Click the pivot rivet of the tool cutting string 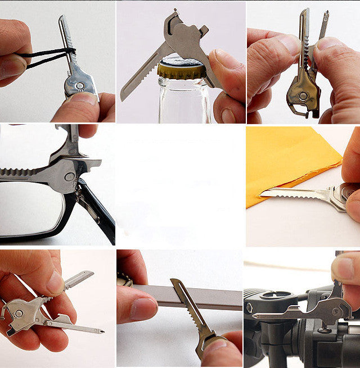point(79,86)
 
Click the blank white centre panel point(180,185)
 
